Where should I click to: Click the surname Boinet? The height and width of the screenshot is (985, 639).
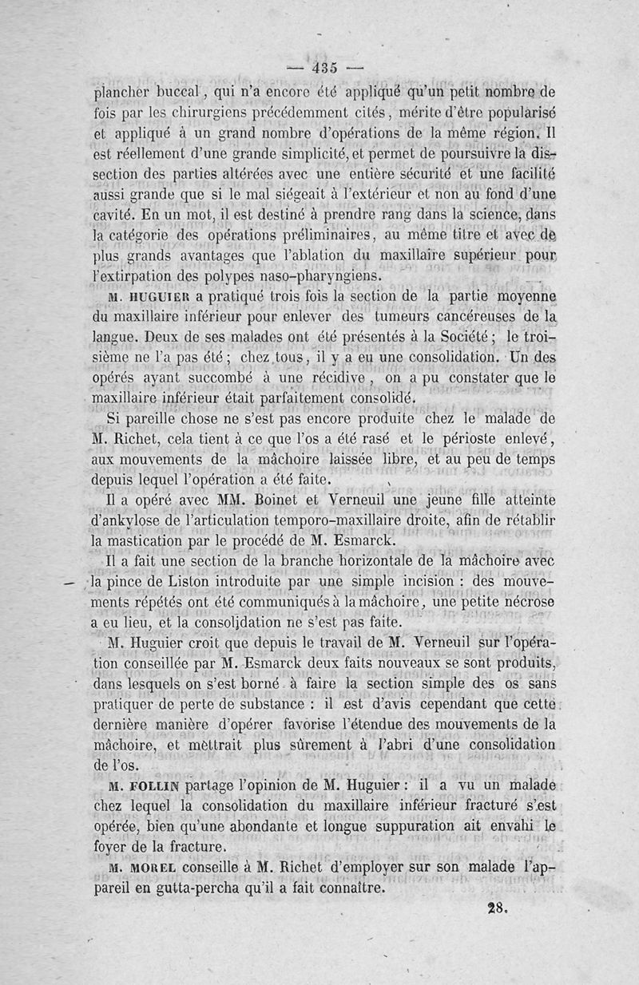282,500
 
